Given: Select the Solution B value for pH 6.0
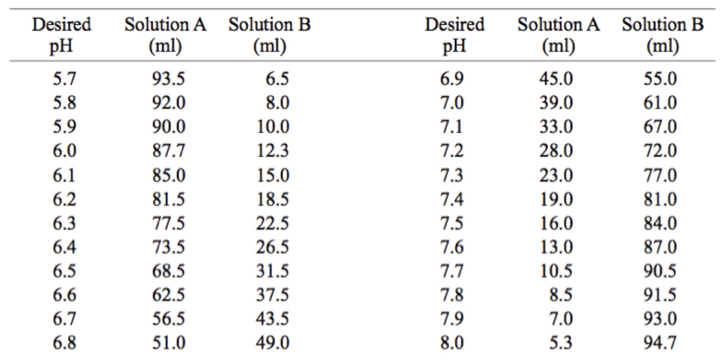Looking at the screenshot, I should tap(273, 151).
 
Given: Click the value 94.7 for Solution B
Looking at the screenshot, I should tap(660, 343).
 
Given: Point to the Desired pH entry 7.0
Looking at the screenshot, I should tap(451, 103).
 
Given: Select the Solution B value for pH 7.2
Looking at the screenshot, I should tap(660, 151).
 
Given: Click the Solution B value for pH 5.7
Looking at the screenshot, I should tap(277, 79).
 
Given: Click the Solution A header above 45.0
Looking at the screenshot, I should tap(558, 36).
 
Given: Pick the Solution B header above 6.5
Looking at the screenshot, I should tap(269, 36).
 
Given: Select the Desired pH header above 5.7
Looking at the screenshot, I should tap(61, 36).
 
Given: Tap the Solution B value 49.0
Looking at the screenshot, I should tap(273, 343).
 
